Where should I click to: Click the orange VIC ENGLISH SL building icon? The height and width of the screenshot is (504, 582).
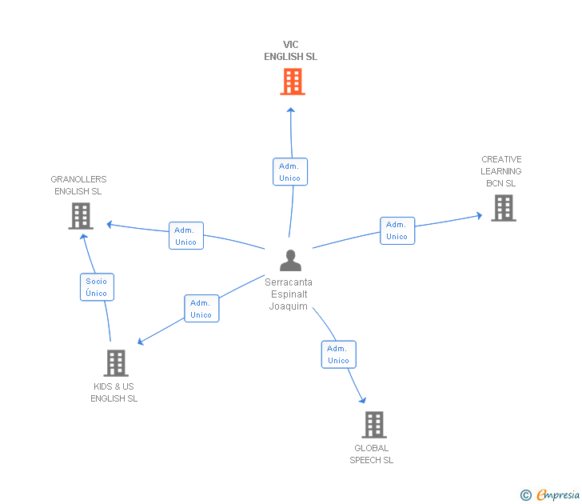point(292,82)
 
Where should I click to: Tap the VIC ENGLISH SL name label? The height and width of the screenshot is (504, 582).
point(291,51)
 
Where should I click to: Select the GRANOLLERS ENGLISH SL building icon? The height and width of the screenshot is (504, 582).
point(81,216)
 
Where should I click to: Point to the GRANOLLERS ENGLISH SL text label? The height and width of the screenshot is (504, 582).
point(78,186)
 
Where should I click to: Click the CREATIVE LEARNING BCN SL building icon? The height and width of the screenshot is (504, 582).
point(503,208)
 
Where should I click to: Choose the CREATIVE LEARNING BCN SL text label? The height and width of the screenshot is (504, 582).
point(501,171)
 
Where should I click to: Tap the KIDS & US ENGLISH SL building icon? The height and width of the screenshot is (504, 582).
point(116,363)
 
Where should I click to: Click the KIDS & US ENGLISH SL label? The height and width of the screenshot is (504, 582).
point(114,393)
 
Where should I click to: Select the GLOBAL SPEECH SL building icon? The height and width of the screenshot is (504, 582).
point(373,425)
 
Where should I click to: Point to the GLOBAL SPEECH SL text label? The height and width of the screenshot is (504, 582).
point(371,454)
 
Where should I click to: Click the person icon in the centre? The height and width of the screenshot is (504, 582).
point(290,261)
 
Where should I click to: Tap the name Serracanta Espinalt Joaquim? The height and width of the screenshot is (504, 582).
point(289,294)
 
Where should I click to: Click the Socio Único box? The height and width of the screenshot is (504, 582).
point(97,287)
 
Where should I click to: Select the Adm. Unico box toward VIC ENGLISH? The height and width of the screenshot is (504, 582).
point(289,172)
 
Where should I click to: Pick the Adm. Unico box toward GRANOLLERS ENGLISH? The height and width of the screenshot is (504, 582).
point(185,236)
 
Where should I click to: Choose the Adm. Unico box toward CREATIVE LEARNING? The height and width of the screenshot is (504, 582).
point(397,230)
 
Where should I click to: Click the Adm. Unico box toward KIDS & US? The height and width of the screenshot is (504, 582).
point(201,309)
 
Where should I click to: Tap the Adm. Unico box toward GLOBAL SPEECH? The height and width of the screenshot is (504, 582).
point(338,354)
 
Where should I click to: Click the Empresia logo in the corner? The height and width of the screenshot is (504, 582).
point(558,495)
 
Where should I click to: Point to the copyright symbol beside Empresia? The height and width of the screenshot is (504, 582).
point(525,495)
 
